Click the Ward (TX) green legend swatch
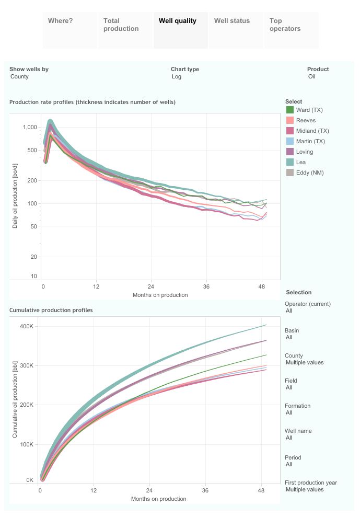click(x=289, y=110)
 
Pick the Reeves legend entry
click(x=305, y=121)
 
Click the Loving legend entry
click(x=304, y=152)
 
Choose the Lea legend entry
click(x=300, y=163)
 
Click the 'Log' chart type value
click(x=177, y=77)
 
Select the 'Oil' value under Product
click(x=312, y=77)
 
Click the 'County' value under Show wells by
click(x=20, y=77)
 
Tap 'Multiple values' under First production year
click(x=305, y=490)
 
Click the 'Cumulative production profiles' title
click(x=51, y=311)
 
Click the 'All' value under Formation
click(x=289, y=413)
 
